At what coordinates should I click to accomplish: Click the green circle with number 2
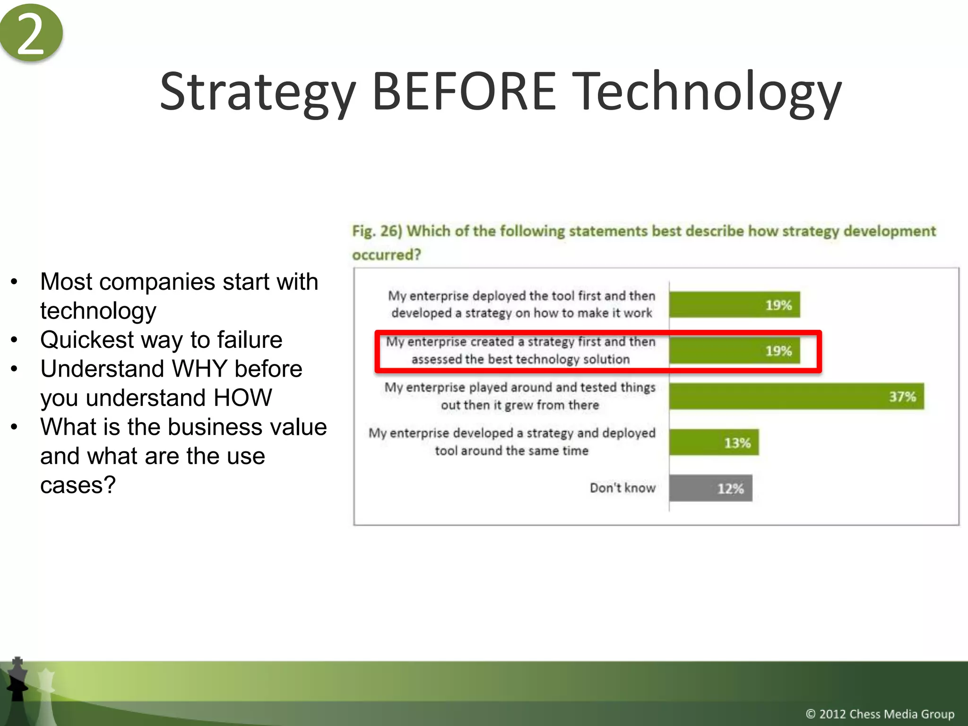pyautogui.click(x=31, y=32)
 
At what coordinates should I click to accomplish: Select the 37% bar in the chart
pyautogui.click(x=796, y=396)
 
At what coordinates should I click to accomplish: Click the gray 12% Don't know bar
pyautogui.click(x=710, y=488)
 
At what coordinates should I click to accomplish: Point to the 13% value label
pyautogui.click(x=737, y=443)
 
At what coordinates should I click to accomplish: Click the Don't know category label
pyautogui.click(x=622, y=488)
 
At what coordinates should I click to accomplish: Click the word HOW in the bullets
pyautogui.click(x=242, y=398)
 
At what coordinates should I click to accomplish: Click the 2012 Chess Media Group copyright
pyautogui.click(x=880, y=714)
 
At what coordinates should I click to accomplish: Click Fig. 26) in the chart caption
pyautogui.click(x=377, y=231)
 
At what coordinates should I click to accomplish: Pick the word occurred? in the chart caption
pyautogui.click(x=386, y=255)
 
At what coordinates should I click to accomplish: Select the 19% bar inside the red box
pyautogui.click(x=735, y=351)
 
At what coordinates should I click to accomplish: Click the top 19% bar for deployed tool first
pyautogui.click(x=735, y=305)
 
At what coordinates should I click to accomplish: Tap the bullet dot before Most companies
pyautogui.click(x=14, y=282)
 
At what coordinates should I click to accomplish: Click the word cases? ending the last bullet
pyautogui.click(x=78, y=485)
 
